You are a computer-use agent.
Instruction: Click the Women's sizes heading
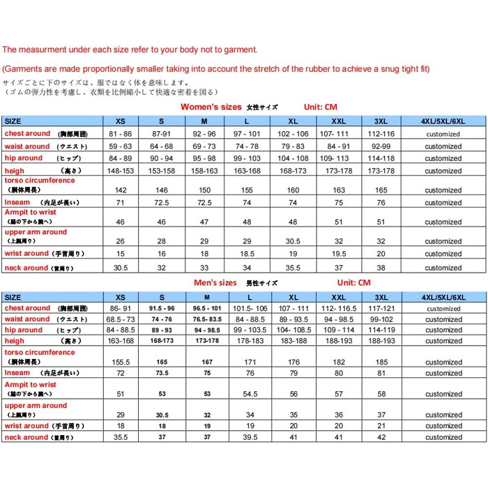click(x=211, y=107)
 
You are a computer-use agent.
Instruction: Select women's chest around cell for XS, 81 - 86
click(x=120, y=133)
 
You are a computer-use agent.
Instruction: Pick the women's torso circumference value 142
click(x=120, y=190)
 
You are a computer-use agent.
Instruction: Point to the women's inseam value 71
click(x=120, y=202)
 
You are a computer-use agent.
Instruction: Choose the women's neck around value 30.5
click(x=120, y=268)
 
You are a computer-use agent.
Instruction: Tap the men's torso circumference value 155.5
click(x=120, y=363)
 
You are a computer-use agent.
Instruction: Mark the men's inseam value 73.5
click(x=161, y=373)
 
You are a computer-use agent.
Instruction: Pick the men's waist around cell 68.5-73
click(x=120, y=319)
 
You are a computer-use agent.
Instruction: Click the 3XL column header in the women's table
click(x=381, y=121)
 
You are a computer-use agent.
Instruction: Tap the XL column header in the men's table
click(x=293, y=296)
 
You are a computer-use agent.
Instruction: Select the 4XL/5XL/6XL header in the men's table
click(x=443, y=296)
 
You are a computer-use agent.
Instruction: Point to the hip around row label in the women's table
click(x=24, y=158)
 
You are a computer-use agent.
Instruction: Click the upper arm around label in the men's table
click(x=36, y=405)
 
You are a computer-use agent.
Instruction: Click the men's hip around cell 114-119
click(x=381, y=330)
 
